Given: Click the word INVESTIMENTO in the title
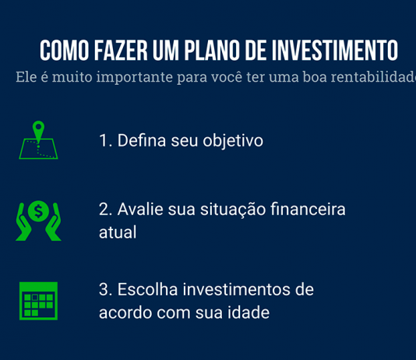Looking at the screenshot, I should (334, 50).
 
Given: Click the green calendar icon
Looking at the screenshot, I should (38, 300).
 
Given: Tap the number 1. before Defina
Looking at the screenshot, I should (106, 141).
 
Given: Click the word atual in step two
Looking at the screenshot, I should (118, 232).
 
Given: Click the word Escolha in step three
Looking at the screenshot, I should (148, 290).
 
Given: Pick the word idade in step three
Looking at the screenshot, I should (248, 312).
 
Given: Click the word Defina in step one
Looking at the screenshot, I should (141, 141).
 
